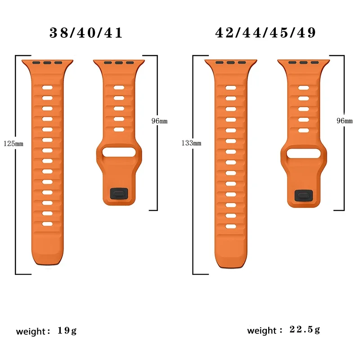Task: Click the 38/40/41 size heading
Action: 85,33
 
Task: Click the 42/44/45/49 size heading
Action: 265,33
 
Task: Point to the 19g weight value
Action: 67,331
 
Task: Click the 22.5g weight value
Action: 305,330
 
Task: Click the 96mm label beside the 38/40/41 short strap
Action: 159,121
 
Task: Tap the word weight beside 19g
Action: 31,332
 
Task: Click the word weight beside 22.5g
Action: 261,331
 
